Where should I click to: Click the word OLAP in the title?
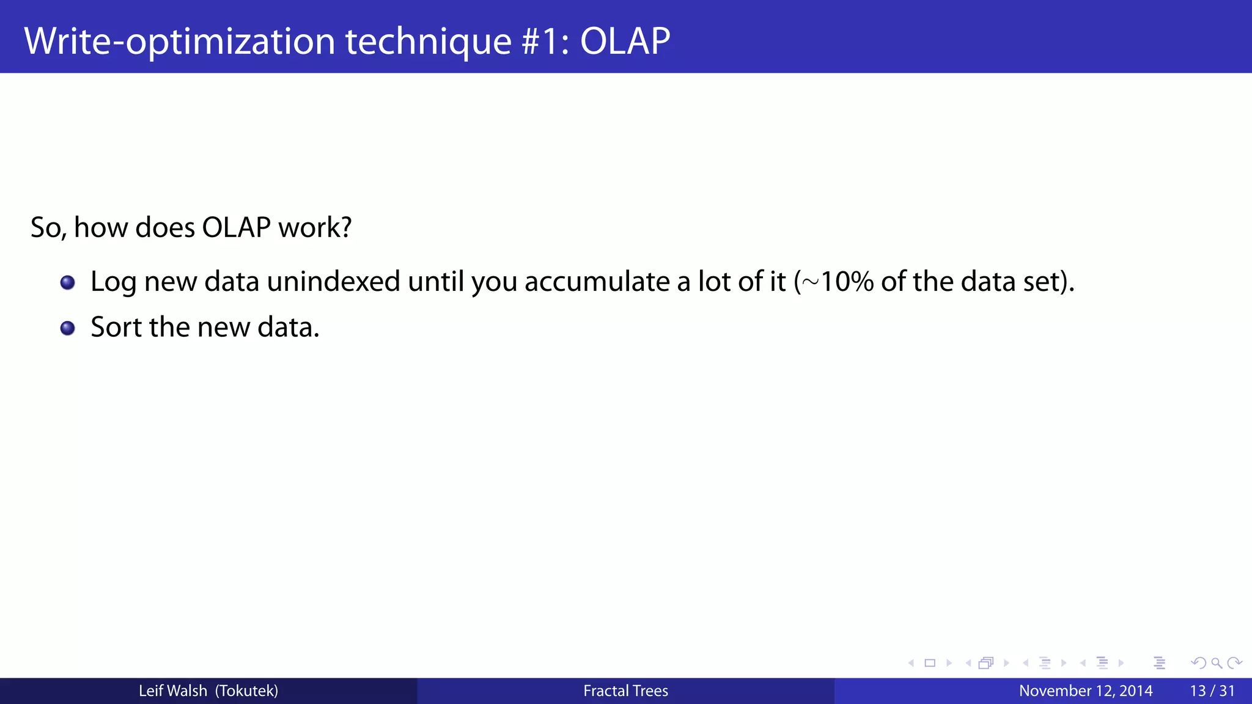pos(625,41)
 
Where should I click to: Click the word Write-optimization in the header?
pos(179,41)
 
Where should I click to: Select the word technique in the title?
pos(428,41)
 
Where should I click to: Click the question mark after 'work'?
pos(345,227)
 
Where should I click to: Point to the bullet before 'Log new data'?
pos(67,282)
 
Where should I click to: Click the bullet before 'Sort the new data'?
pos(67,328)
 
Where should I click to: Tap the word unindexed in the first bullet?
pos(333,282)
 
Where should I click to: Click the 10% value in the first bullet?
pos(847,282)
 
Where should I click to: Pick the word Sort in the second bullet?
pos(116,327)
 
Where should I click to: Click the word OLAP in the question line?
pos(236,227)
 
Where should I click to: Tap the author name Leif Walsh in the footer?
pos(173,691)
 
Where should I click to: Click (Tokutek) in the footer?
pos(246,691)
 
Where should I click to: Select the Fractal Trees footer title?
pos(625,691)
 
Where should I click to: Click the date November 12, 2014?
pos(1085,691)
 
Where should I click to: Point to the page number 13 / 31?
pos(1212,691)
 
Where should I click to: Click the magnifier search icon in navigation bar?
pos(1216,663)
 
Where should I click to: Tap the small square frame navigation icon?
pos(930,663)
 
